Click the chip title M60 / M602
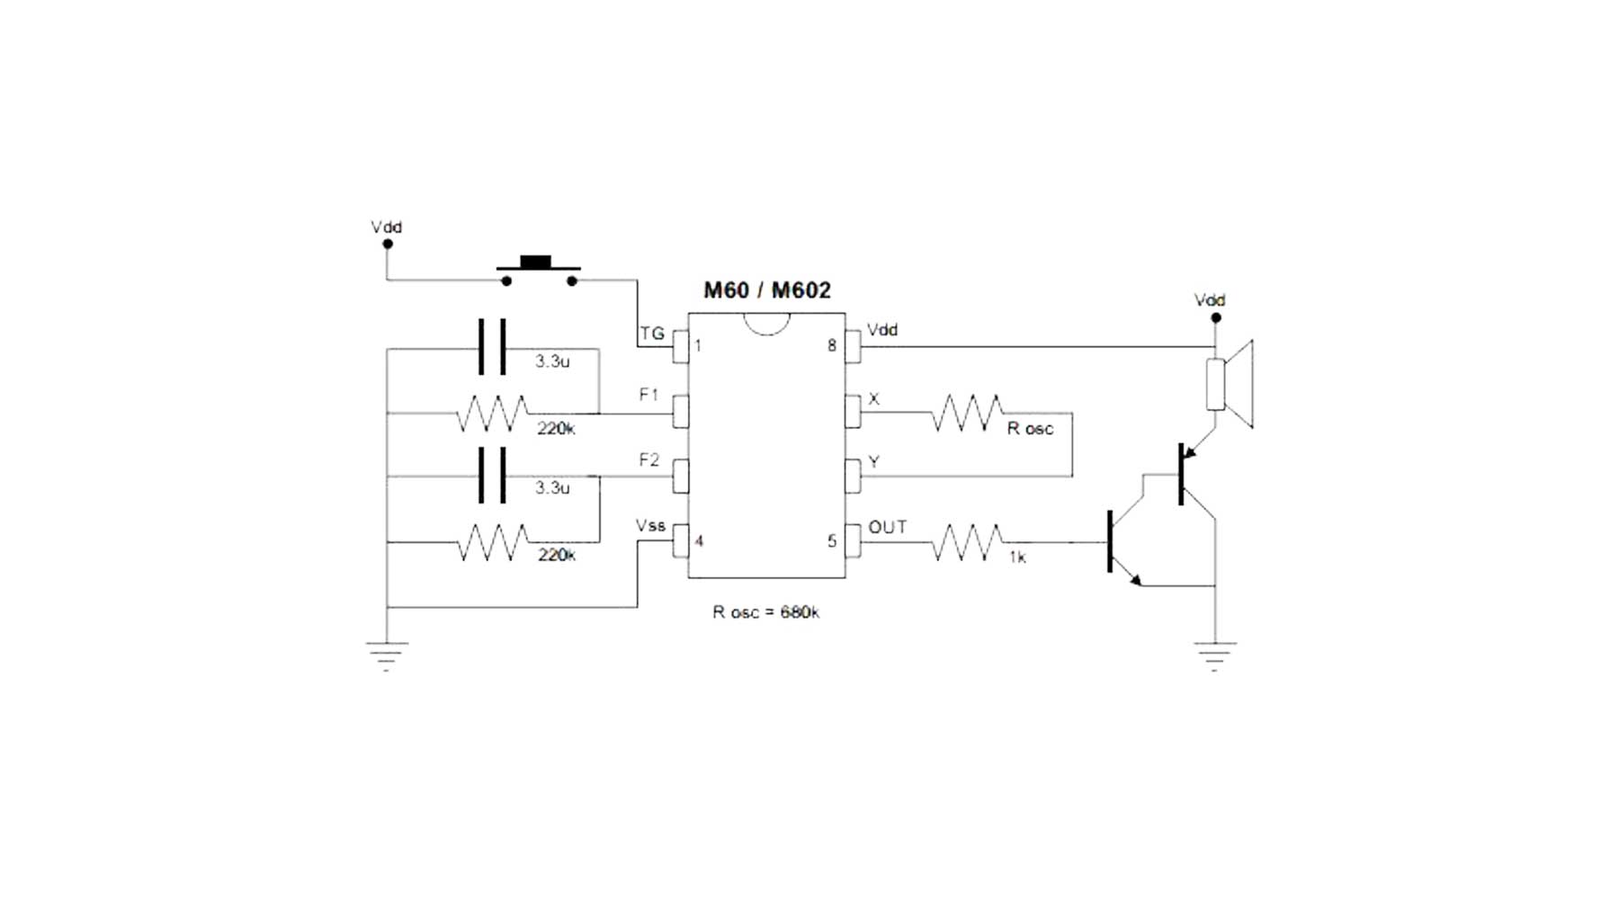click(x=766, y=290)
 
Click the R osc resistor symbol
click(x=967, y=413)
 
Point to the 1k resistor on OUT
click(x=967, y=542)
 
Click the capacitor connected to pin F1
click(x=492, y=347)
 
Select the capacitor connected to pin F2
click(x=492, y=476)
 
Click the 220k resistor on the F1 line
click(x=492, y=414)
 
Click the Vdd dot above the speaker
click(x=1216, y=317)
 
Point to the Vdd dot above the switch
click(x=388, y=244)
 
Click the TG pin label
click(x=652, y=334)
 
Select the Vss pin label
click(x=650, y=526)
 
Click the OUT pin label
click(x=887, y=528)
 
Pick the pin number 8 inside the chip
click(x=832, y=346)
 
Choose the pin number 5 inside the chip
click(x=832, y=541)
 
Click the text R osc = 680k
click(x=765, y=612)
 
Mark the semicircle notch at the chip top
click(x=767, y=323)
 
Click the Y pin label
click(x=873, y=463)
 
